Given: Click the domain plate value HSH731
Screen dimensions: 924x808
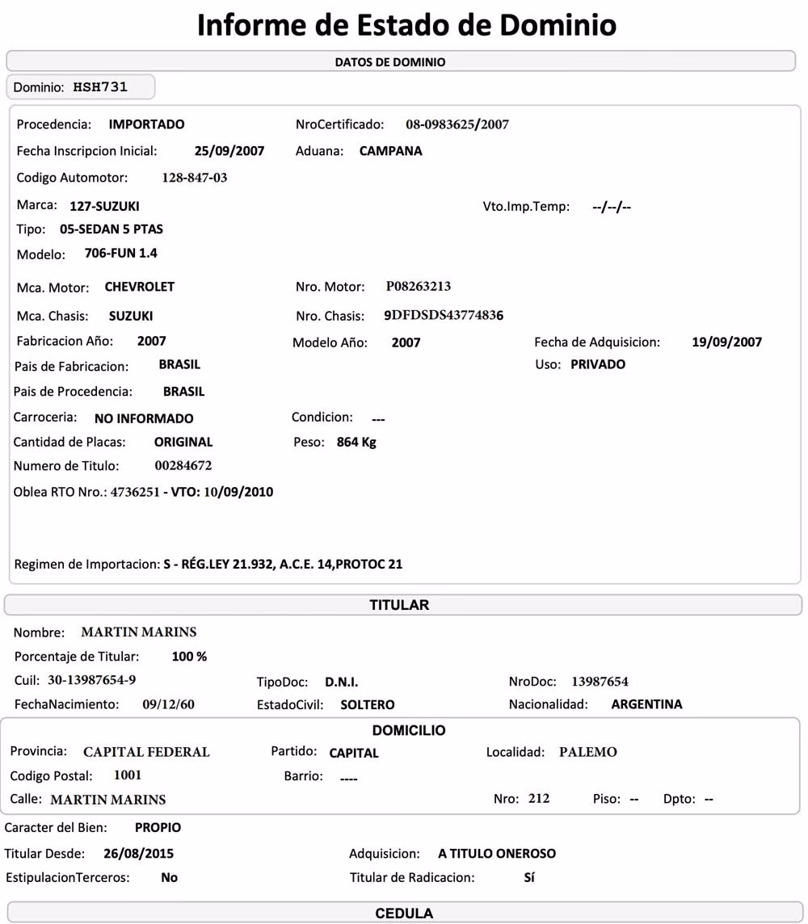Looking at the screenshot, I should [100, 86].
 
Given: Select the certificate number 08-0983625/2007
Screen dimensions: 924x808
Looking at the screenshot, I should [457, 124].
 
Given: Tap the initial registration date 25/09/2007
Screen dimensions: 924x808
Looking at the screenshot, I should [229, 151].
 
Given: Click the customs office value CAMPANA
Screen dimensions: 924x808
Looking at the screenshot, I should [390, 151].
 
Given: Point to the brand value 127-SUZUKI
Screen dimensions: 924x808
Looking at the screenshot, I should [104, 206].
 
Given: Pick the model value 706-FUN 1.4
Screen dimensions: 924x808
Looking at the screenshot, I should [120, 254].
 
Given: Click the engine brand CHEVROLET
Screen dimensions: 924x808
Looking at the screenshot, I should [139, 287].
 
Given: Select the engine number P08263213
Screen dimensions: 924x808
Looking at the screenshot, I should [418, 287].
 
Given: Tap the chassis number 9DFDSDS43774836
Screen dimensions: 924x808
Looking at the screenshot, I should [443, 316].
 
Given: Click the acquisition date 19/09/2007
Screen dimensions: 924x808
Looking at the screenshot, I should [726, 342].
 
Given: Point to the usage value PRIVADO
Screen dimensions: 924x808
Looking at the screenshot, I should [597, 364].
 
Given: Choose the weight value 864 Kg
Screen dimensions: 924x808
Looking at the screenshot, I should [356, 443].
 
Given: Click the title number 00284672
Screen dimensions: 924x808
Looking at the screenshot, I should [183, 466].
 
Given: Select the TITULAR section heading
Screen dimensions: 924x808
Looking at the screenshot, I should [399, 605].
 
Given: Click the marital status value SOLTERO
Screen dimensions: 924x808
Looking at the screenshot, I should [367, 704].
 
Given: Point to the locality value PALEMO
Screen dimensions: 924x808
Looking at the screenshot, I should [587, 752].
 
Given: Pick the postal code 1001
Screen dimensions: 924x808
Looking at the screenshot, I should [128, 775].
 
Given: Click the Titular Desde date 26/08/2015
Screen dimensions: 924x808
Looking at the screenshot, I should [138, 853].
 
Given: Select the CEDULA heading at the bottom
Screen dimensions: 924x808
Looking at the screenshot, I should [404, 913].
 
